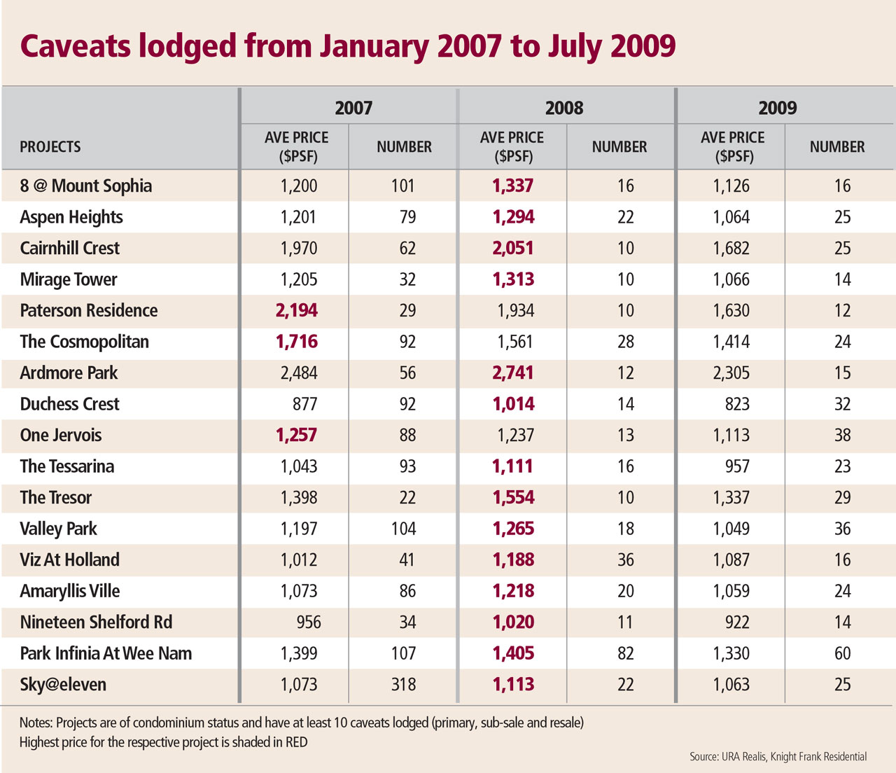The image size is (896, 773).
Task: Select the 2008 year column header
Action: pos(564,108)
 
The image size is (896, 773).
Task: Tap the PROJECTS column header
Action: pos(50,147)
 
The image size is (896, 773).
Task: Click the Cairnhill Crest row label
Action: pos(70,249)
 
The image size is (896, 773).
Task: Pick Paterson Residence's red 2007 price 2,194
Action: pos(297,310)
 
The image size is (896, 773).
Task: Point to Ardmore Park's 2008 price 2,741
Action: pos(513,372)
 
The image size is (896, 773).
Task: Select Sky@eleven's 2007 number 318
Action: pos(404,684)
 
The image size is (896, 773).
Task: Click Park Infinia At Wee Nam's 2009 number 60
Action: pos(842,653)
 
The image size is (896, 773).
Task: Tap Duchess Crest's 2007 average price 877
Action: pos(305,404)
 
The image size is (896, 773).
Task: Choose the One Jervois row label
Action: pos(61,435)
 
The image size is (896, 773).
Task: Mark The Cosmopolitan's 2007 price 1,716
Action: pos(297,342)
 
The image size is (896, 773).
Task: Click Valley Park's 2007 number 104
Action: pos(404,529)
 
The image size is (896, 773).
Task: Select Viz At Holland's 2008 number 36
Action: pos(625,559)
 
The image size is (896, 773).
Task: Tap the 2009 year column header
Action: pos(778,108)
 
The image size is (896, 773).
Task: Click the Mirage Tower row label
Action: pos(69,279)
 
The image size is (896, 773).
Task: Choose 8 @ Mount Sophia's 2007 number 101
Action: pos(403,186)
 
